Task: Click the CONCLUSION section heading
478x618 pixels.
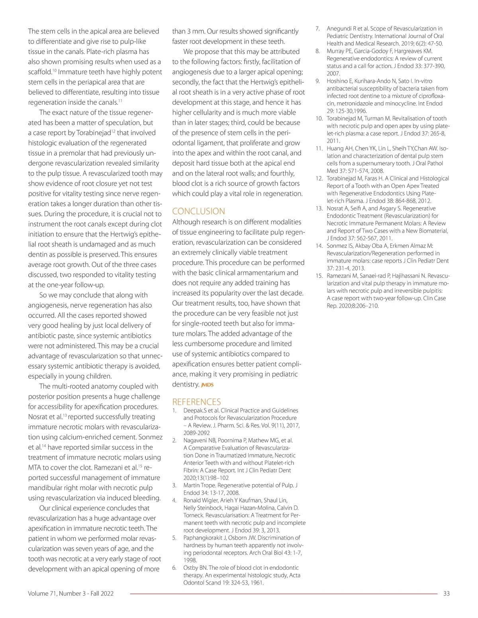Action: pyautogui.click(x=198, y=211)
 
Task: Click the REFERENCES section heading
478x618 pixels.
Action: pyautogui.click(x=196, y=402)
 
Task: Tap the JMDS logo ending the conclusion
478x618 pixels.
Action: pyautogui.click(x=208, y=385)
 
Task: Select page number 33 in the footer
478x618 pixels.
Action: pyautogui.click(x=446, y=594)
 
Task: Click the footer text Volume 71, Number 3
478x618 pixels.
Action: pyautogui.click(x=71, y=594)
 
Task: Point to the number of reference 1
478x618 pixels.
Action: pyautogui.click(x=174, y=410)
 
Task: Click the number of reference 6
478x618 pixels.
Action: pyautogui.click(x=174, y=568)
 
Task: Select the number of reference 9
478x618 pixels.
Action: pyautogui.click(x=318, y=81)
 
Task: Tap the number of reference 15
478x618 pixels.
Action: pyautogui.click(x=319, y=276)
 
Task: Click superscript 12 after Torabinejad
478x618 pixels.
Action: pyautogui.click(x=113, y=131)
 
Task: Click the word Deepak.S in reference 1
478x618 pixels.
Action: pyautogui.click(x=194, y=410)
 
